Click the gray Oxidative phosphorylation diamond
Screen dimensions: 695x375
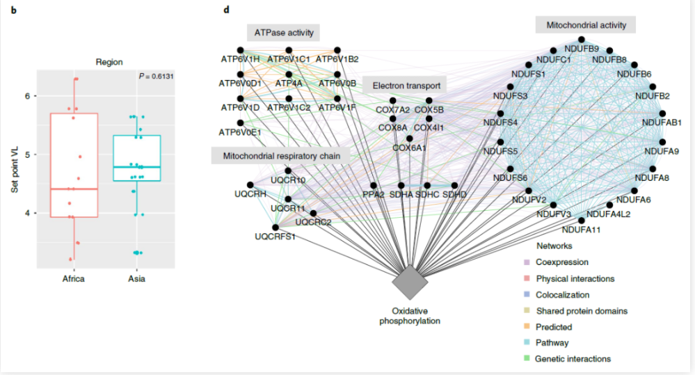pyautogui.click(x=410, y=282)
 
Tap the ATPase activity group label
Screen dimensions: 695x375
pyautogui.click(x=284, y=33)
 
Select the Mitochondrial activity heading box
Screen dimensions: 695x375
pyautogui.click(x=586, y=25)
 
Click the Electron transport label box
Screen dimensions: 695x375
pyautogui.click(x=406, y=86)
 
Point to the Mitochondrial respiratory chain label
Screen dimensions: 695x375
pyautogui.click(x=281, y=156)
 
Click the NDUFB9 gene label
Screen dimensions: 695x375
pyautogui.click(x=582, y=49)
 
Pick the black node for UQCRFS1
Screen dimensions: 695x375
pyautogui.click(x=275, y=228)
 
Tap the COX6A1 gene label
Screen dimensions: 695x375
pyautogui.click(x=409, y=147)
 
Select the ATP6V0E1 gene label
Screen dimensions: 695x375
pyautogui.click(x=240, y=132)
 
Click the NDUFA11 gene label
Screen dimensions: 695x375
pyautogui.click(x=581, y=230)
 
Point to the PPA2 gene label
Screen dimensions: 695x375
pyautogui.click(x=373, y=194)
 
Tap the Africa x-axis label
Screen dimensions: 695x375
pyautogui.click(x=74, y=279)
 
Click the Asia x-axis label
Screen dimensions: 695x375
pyautogui.click(x=136, y=279)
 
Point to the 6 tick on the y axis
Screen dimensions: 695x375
pyautogui.click(x=28, y=96)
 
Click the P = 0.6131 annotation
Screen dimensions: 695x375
pyautogui.click(x=156, y=77)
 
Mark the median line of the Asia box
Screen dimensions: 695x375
pyautogui.click(x=137, y=167)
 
